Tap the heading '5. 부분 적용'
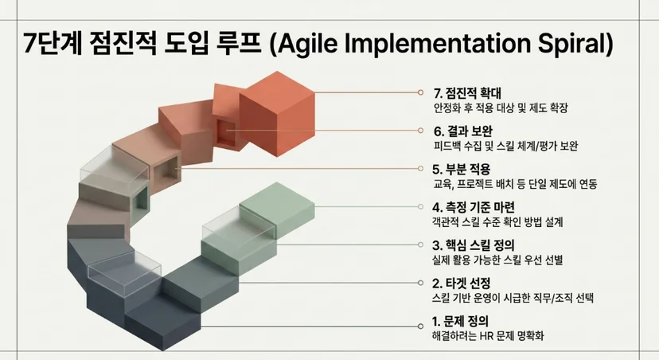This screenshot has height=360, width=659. pos(461,169)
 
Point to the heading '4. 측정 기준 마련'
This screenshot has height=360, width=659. pos(474,207)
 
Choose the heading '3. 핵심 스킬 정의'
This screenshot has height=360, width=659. pos(474,245)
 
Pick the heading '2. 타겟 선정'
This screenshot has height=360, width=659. pos(461,283)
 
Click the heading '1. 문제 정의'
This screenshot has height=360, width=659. pos(460,322)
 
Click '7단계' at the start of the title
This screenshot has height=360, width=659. pos(52,43)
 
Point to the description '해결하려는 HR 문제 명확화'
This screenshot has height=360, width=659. pos(488,336)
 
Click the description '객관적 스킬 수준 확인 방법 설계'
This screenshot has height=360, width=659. pos(497,221)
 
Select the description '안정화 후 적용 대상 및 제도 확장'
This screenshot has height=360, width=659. pos(501,108)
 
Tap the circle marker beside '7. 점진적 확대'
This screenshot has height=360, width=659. pos(420,92)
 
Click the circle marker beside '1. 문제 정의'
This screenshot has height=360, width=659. pos(420,327)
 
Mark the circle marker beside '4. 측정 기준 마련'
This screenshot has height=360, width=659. pos(420,206)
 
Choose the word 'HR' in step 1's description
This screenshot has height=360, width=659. pos(485,336)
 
